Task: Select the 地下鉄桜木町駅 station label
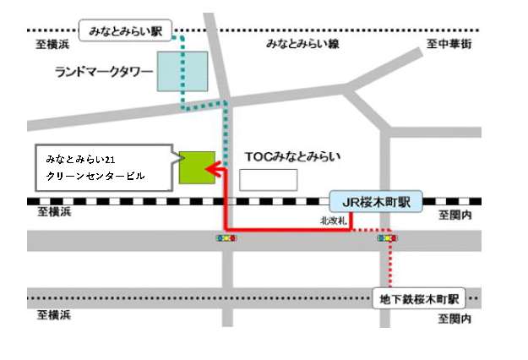point(419,298)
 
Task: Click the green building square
point(195,166)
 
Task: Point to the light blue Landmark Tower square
point(182,70)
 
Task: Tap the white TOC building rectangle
point(269,179)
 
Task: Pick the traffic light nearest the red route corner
point(226,239)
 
